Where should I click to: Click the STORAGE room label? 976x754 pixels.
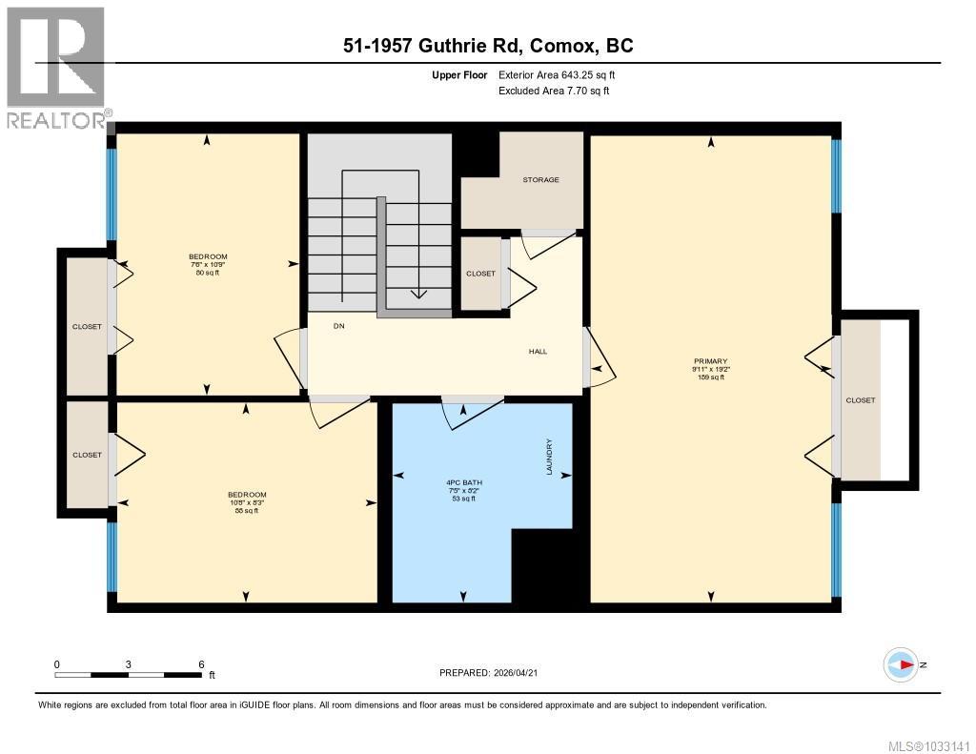coord(540,179)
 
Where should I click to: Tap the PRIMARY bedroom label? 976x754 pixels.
coord(710,361)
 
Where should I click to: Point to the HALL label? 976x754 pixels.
coord(538,351)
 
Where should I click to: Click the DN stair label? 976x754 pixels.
coord(338,326)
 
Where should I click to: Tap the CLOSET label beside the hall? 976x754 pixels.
coord(480,274)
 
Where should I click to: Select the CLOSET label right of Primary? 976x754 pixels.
coord(860,400)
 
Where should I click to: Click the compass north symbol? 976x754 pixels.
coord(901,664)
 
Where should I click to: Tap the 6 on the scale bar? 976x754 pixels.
coord(201,664)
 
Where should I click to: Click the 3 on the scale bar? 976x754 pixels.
coord(129,664)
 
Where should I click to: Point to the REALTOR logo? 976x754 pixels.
coord(57,67)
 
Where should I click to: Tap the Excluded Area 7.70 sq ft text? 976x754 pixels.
coord(554,91)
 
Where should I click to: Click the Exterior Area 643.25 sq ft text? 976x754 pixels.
coord(563,74)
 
